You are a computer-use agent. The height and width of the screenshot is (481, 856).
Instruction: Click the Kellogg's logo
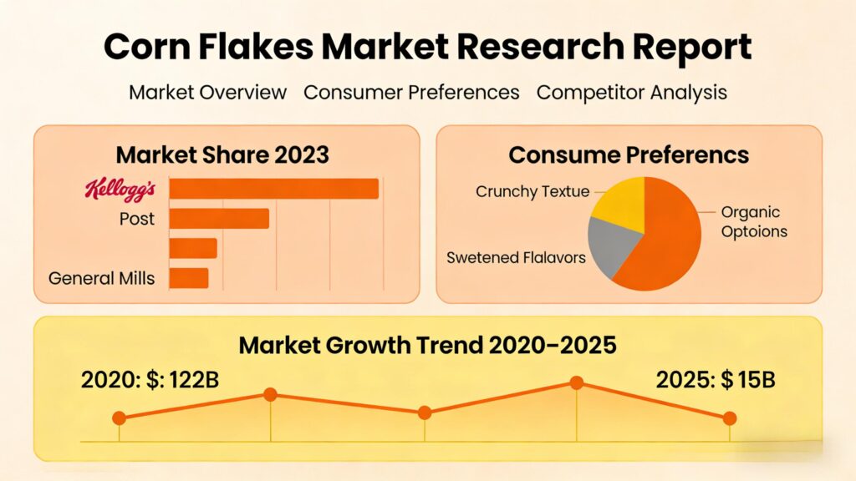click(120, 190)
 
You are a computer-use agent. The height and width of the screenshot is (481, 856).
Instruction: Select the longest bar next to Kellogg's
click(273, 189)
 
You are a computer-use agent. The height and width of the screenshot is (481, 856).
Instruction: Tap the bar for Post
click(219, 219)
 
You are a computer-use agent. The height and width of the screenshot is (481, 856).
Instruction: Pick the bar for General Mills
click(188, 278)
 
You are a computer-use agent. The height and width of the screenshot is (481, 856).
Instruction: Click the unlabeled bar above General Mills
click(193, 248)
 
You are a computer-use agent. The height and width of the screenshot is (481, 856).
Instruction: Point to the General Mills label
click(101, 278)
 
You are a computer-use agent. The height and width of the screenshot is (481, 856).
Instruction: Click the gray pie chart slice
click(612, 244)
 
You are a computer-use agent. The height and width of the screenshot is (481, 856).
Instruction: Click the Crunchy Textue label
click(532, 191)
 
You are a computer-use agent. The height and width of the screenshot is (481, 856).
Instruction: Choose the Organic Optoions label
click(753, 222)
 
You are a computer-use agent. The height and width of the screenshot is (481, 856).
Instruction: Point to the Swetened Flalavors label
click(516, 257)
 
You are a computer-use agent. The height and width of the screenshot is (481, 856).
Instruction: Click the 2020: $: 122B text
click(150, 380)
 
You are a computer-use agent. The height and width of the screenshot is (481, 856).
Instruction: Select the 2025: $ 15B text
click(716, 380)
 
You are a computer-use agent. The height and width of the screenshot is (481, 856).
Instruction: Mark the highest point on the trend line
click(576, 382)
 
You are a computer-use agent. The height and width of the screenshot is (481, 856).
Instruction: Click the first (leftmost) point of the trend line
click(119, 418)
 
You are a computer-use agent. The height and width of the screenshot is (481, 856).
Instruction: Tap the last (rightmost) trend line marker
click(730, 418)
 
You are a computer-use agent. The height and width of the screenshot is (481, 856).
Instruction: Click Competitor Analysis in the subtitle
click(631, 93)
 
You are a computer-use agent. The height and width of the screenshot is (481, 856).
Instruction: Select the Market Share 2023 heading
click(222, 154)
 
